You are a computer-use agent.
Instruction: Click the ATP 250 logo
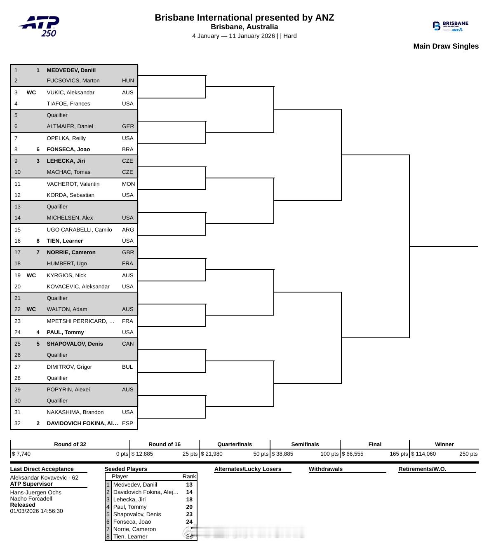40,26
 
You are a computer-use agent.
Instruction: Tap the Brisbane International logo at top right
450,26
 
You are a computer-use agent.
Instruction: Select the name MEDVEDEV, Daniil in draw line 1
71,70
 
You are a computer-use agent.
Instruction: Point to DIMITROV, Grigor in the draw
69,367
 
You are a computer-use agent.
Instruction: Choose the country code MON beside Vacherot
128,184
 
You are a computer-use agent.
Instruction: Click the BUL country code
127,367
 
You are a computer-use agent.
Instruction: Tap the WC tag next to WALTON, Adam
31,309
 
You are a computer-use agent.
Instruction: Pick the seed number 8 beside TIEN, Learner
38,241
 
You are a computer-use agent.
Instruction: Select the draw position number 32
17,423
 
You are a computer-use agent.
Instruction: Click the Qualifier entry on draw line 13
57,206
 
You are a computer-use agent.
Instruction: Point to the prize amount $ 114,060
423,454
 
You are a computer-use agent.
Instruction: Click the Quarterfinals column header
235,444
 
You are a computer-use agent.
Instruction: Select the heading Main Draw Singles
446,46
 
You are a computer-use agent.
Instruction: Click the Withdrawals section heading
326,469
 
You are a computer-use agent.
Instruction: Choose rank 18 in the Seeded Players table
189,499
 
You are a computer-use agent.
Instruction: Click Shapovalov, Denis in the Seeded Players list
137,514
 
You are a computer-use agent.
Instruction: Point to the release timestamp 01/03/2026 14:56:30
37,511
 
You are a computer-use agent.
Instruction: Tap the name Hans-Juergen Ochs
35,492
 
